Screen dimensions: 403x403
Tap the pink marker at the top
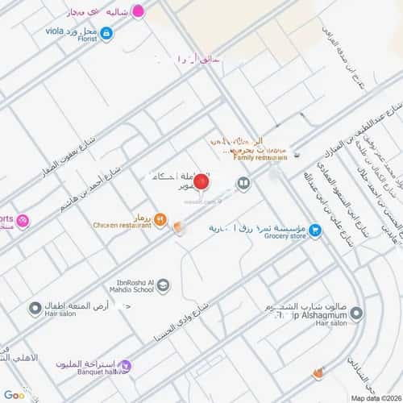click(x=139, y=12)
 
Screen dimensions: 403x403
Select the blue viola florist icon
click(x=106, y=33)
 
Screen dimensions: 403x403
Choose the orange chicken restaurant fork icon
click(x=160, y=218)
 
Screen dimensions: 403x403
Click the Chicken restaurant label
click(x=122, y=226)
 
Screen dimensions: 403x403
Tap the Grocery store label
click(x=286, y=238)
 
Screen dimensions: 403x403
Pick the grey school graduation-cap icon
click(x=164, y=285)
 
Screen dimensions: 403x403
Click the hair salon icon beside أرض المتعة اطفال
click(x=35, y=309)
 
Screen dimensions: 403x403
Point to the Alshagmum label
click(x=310, y=315)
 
